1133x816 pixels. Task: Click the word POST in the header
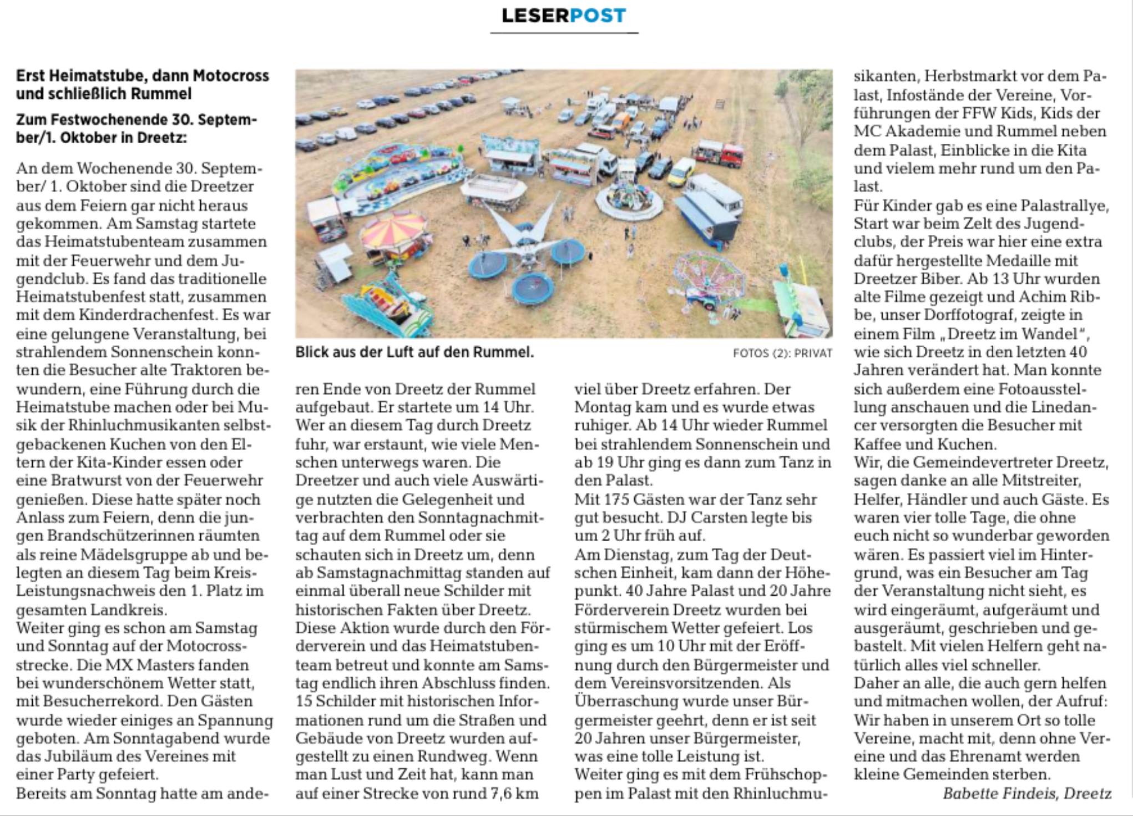click(x=598, y=16)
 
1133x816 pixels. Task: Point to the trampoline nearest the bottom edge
click(x=533, y=289)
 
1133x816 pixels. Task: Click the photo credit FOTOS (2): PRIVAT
click(x=782, y=353)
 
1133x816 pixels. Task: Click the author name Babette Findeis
click(x=999, y=793)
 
